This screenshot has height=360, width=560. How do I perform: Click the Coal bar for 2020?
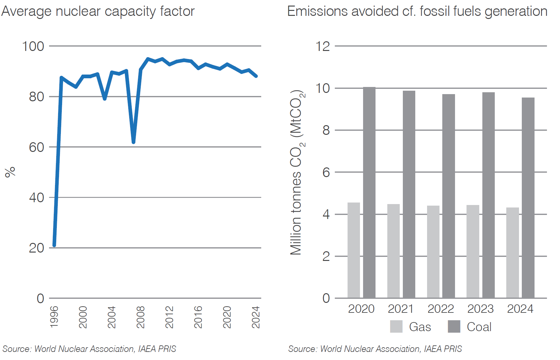point(369,193)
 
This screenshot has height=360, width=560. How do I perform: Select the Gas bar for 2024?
point(512,253)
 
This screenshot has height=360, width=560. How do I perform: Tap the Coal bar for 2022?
point(448,196)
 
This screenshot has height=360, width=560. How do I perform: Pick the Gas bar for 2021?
point(393,251)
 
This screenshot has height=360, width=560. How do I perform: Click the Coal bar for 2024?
point(528,198)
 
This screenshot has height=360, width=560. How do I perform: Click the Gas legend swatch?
point(396,326)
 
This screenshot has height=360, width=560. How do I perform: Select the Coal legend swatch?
point(454,326)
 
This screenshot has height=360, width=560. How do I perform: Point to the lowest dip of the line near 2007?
point(133,142)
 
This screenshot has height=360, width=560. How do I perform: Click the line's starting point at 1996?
point(54,245)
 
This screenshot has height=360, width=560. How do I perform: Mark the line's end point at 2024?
point(256,76)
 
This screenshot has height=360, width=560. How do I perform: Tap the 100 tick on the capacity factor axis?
point(33,46)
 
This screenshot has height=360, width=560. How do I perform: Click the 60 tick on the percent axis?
point(36,147)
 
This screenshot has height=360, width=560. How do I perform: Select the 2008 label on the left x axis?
point(140,317)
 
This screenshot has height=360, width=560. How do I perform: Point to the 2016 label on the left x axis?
point(198,317)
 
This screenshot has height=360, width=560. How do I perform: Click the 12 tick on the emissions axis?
point(322,46)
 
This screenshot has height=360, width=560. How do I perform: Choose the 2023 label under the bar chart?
point(480,309)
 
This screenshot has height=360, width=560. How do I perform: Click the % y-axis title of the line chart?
point(10,172)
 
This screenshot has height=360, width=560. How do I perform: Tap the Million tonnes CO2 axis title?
point(297,172)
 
